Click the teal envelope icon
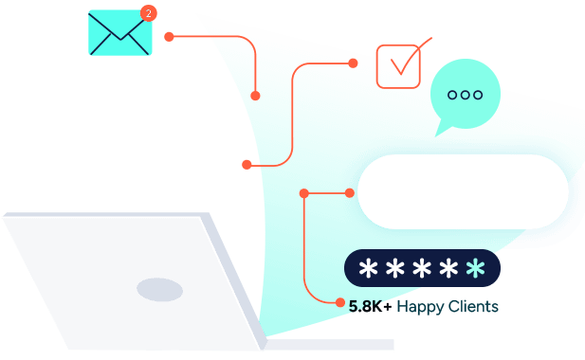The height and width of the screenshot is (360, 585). click(119, 33)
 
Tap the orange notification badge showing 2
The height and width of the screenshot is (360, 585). click(148, 13)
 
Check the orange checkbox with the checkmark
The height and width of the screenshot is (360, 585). click(398, 65)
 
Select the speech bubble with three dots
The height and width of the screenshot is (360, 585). click(465, 95)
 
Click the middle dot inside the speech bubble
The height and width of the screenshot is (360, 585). click(465, 95)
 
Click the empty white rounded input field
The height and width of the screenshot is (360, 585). click(463, 191)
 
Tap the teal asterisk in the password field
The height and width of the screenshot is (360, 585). click(476, 269)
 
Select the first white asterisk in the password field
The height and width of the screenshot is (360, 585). click(368, 269)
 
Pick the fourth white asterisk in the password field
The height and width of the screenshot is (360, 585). click(448, 269)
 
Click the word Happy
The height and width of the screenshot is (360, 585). click(420, 307)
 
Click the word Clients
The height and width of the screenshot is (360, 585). click(473, 307)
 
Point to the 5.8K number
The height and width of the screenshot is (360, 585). click(366, 307)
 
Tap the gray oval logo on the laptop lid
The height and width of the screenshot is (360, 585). click(159, 290)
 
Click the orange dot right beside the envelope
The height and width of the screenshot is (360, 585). click(169, 37)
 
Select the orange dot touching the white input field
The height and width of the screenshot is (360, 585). click(350, 193)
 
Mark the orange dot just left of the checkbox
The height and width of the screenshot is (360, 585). click(353, 63)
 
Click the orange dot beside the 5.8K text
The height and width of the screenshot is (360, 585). click(340, 303)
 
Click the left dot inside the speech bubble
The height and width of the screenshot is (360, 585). click(451, 95)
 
